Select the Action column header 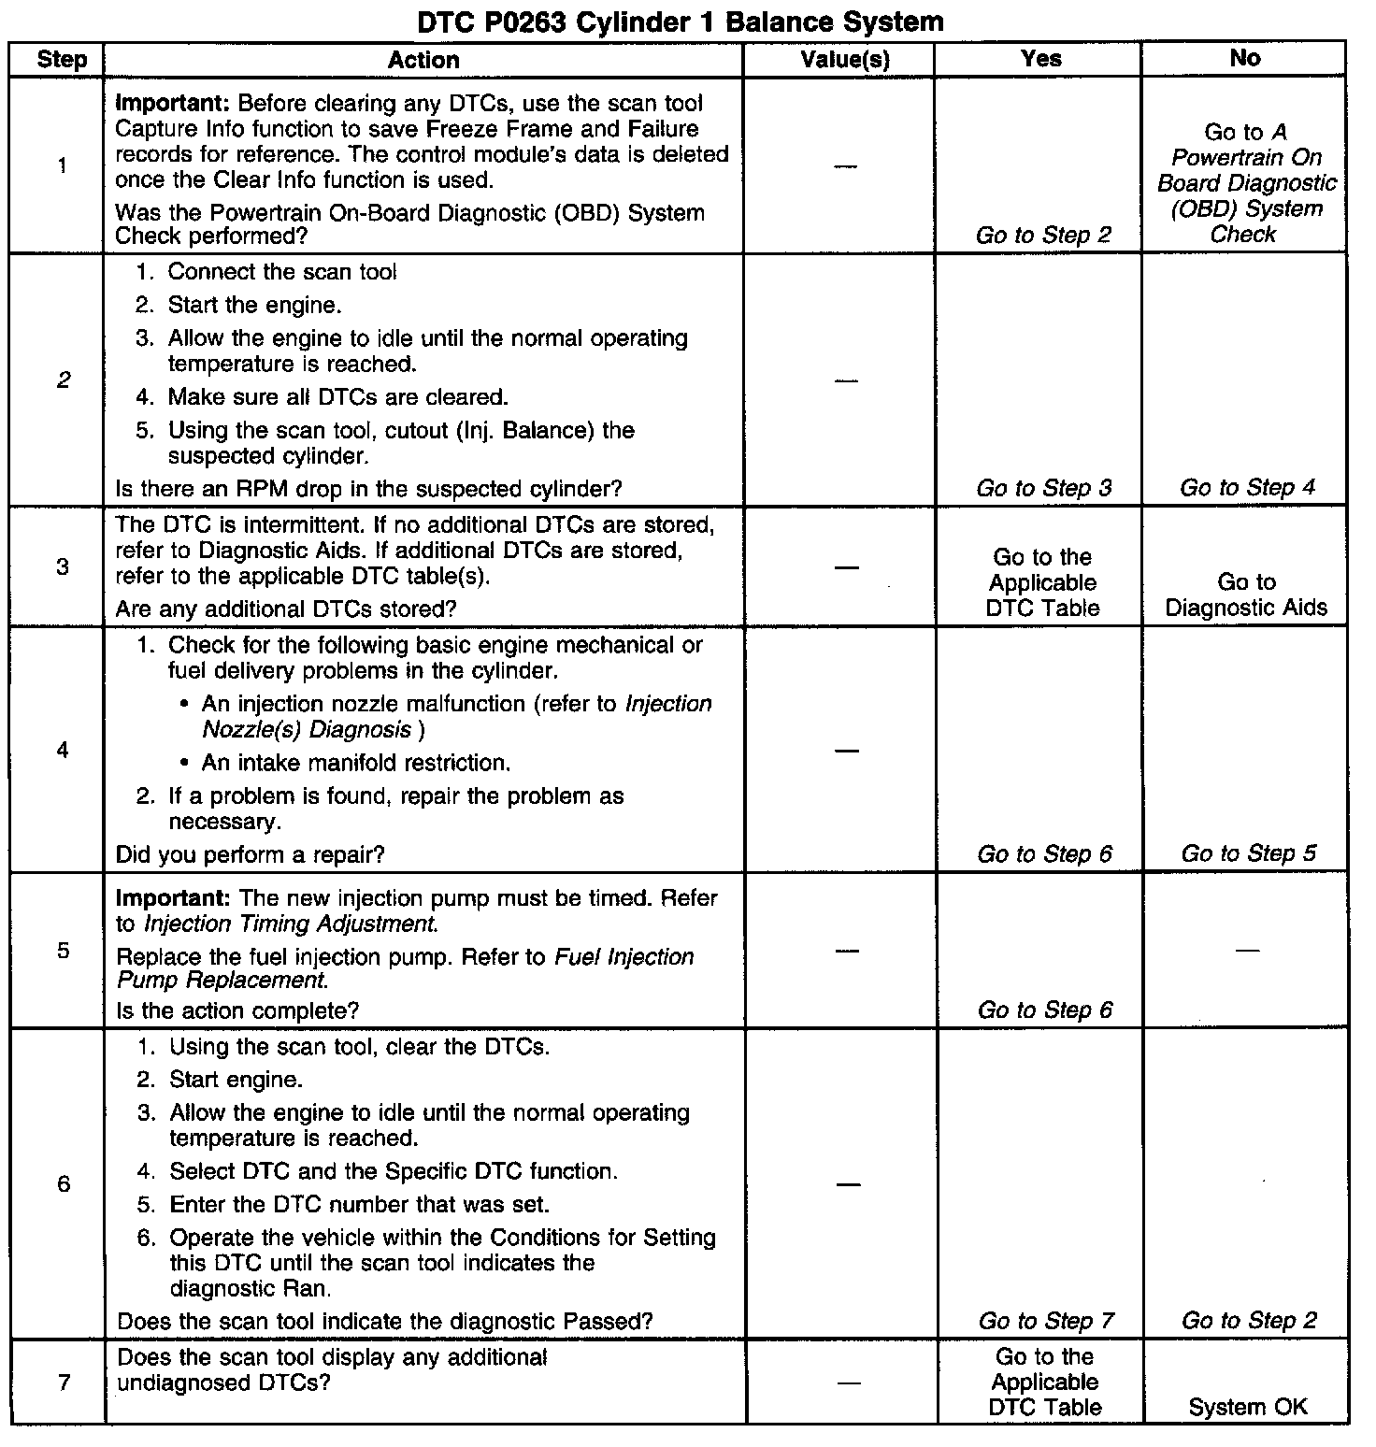click(x=423, y=61)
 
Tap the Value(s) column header click(x=845, y=61)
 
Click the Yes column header click(x=1041, y=59)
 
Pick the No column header click(x=1245, y=58)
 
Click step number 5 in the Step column click(x=63, y=952)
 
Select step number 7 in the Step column click(x=64, y=1383)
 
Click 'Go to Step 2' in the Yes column click(x=1043, y=236)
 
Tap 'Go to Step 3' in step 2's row click(x=1044, y=488)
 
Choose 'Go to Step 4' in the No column click(x=1247, y=488)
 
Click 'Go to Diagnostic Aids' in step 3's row click(x=1246, y=595)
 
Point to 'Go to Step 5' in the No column click(x=1248, y=853)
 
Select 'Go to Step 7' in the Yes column click(x=1046, y=1321)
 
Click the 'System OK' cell click(x=1248, y=1407)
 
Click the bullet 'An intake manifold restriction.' click(x=356, y=764)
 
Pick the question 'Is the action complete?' click(x=237, y=1010)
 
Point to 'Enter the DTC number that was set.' click(x=359, y=1205)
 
